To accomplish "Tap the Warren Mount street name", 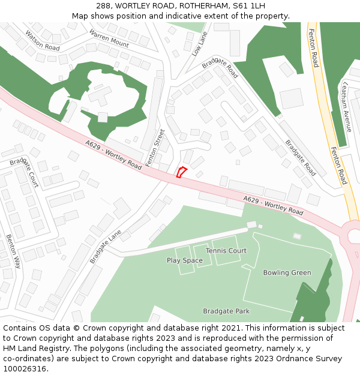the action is tap(109, 38).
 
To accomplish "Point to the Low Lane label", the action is tap(199, 44).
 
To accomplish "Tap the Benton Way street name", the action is tap(13, 251).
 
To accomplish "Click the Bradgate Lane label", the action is tap(106, 246).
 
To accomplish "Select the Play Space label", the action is tap(184, 260).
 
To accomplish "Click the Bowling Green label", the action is tap(287, 272).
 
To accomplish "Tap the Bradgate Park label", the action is tap(226, 311).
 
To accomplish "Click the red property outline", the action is tap(181, 172).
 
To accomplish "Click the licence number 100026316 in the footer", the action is tap(24, 368).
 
